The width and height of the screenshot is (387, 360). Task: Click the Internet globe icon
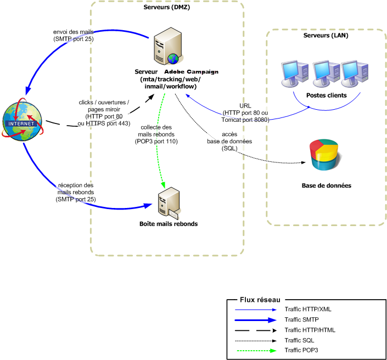(23, 120)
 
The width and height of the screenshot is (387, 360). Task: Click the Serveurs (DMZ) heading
(167, 8)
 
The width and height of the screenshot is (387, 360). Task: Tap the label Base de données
(326, 185)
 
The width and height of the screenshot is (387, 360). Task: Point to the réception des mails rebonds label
(76, 193)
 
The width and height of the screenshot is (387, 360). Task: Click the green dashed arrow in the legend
(257, 350)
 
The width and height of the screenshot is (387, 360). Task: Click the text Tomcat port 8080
(245, 119)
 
